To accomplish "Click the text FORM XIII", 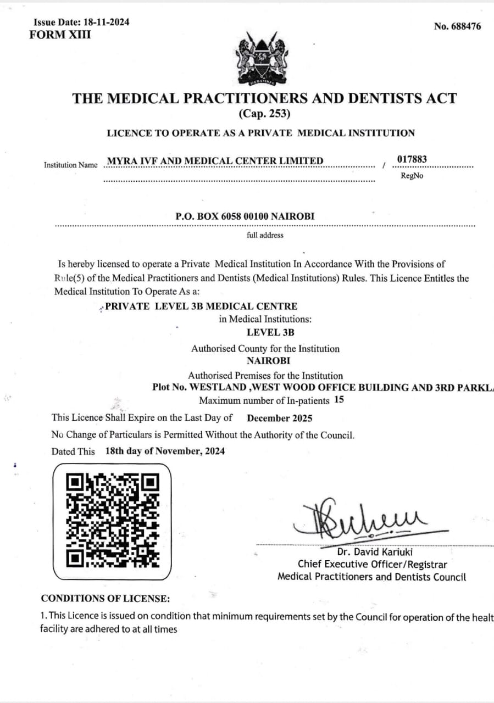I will [60, 35].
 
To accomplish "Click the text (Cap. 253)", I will [264, 114].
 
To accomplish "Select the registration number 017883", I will [412, 160].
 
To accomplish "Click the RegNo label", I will [412, 176].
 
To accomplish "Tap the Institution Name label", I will [70, 165].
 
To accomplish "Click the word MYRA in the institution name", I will [119, 160].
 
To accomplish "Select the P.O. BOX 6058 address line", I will [245, 216].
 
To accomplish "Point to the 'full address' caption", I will [265, 235].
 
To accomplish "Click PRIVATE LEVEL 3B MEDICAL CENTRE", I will [201, 306].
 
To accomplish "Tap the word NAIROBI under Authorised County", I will [268, 361].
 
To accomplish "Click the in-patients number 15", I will [339, 400].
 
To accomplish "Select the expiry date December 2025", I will [279, 418].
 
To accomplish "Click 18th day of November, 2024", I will [165, 451].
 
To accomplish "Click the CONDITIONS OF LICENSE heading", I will [106, 598].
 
